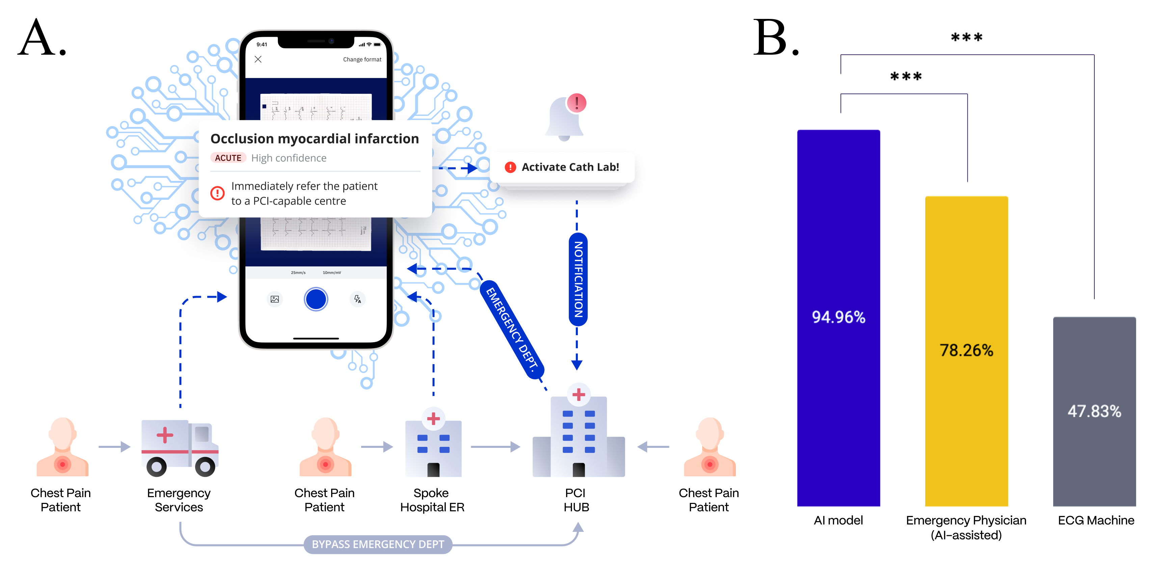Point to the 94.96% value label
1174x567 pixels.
838,317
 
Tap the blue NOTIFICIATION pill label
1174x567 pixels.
578,279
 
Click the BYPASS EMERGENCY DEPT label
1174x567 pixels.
378,544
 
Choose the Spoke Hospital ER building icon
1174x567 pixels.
433,444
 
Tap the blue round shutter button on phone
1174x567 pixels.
316,299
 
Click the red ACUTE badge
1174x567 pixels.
228,158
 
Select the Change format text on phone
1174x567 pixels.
362,59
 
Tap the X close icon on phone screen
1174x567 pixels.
258,59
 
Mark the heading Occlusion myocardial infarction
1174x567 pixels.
315,139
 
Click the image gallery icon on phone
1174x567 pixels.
275,299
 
